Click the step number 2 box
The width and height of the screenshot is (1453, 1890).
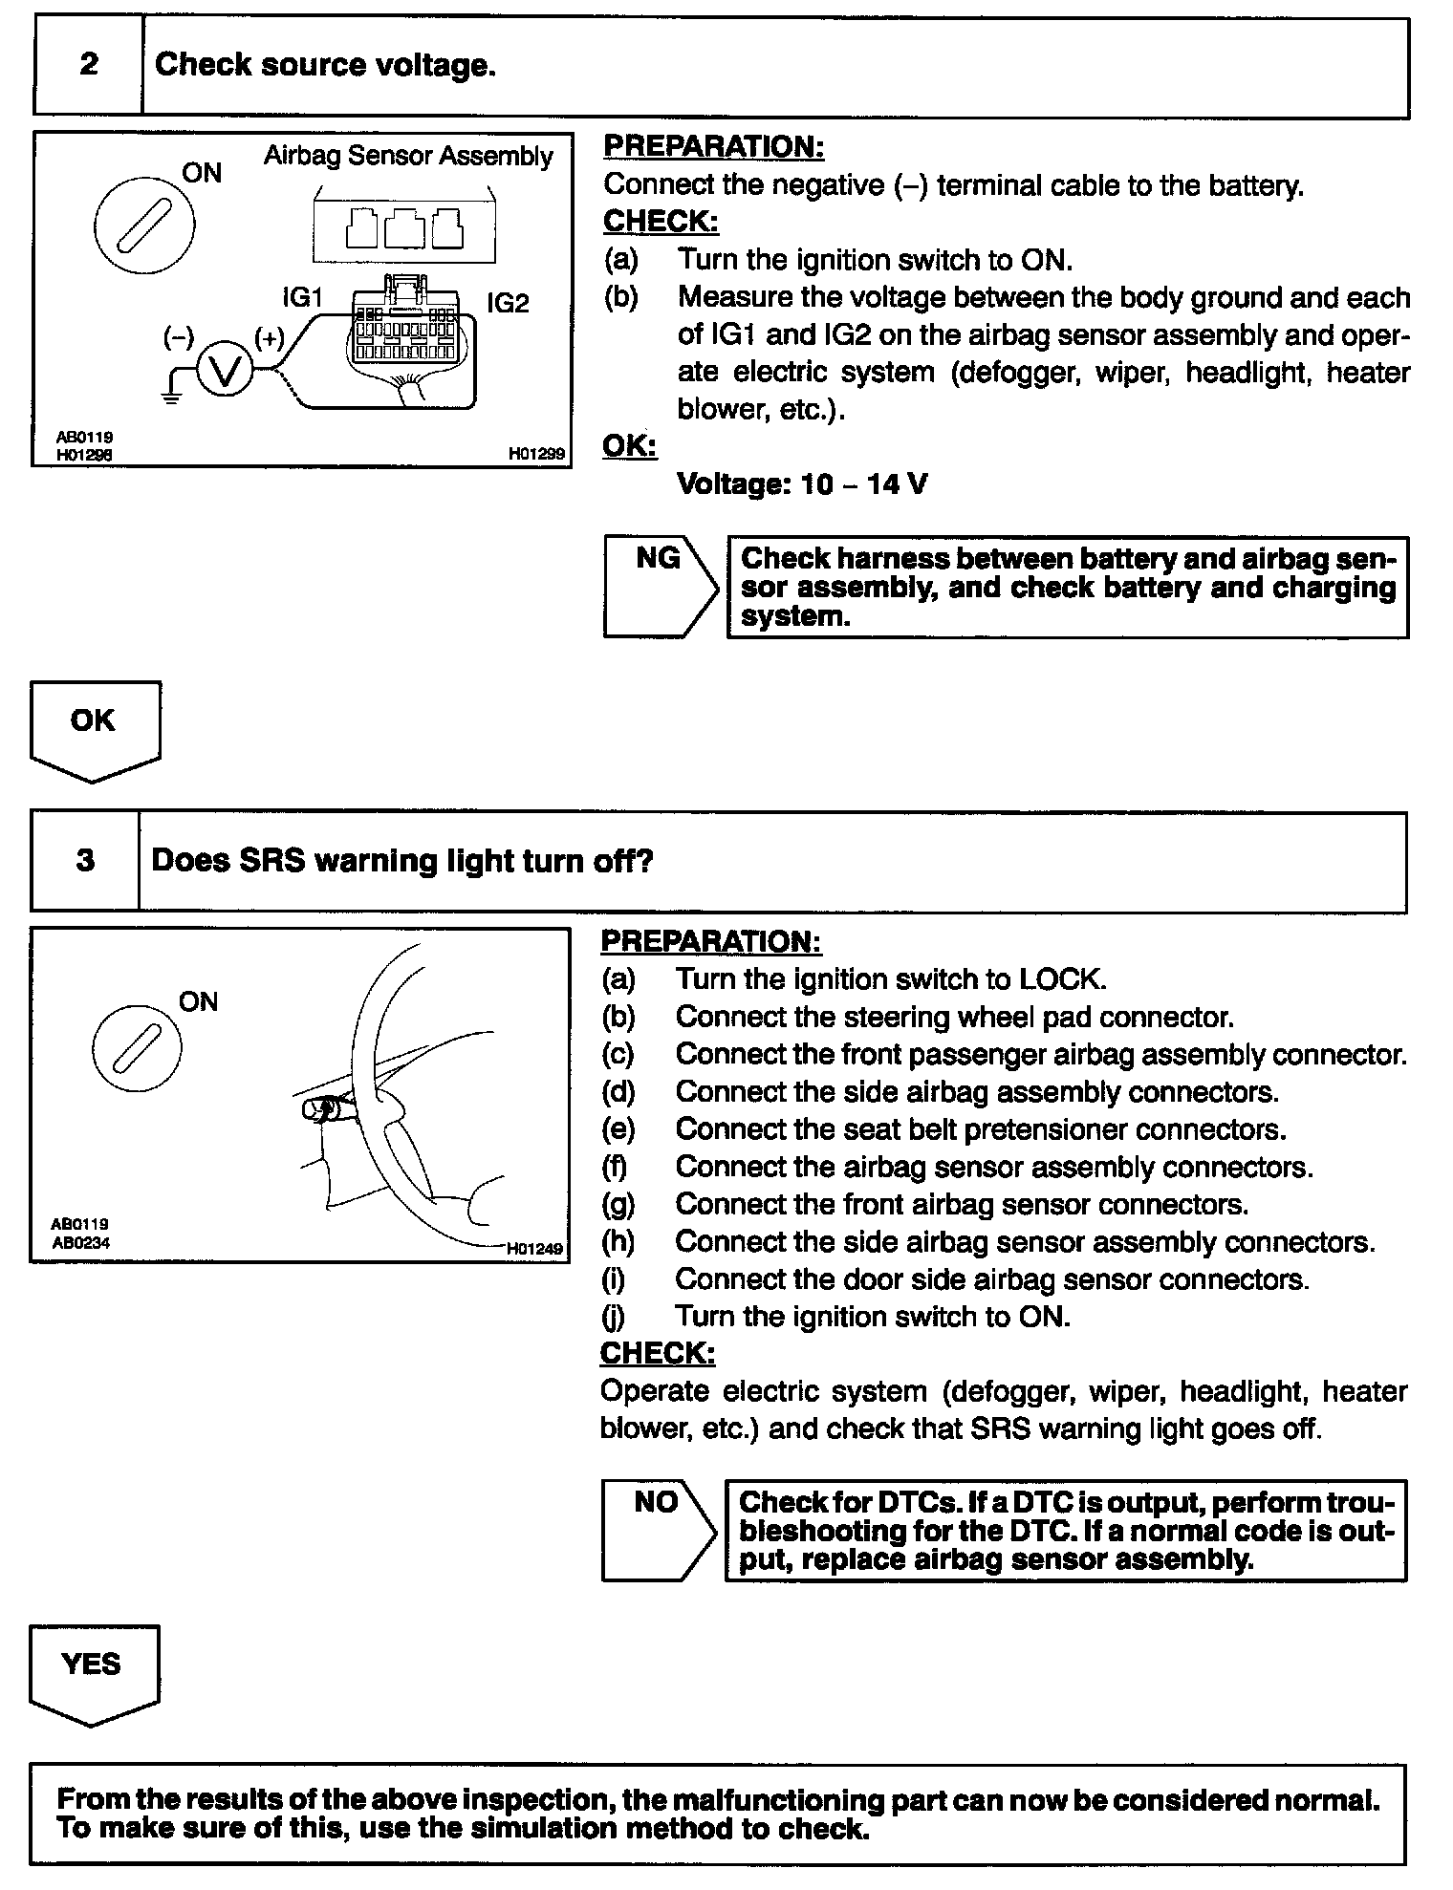[88, 66]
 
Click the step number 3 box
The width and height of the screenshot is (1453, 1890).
[85, 861]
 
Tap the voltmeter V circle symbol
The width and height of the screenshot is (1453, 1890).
[225, 371]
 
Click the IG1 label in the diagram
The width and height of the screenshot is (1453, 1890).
[302, 298]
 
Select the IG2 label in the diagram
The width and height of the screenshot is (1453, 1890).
[507, 304]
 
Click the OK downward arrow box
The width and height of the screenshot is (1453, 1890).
[95, 729]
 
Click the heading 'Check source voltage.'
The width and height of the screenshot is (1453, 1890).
[325, 65]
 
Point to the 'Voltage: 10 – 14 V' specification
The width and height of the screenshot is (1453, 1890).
[801, 484]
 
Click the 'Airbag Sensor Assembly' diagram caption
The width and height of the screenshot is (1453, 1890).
[408, 157]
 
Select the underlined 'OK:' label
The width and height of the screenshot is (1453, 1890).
[629, 446]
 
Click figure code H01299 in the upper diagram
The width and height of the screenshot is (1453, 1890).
[537, 455]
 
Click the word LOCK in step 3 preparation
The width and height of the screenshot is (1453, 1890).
[1062, 979]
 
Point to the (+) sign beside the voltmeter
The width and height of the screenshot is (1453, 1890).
[269, 337]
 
